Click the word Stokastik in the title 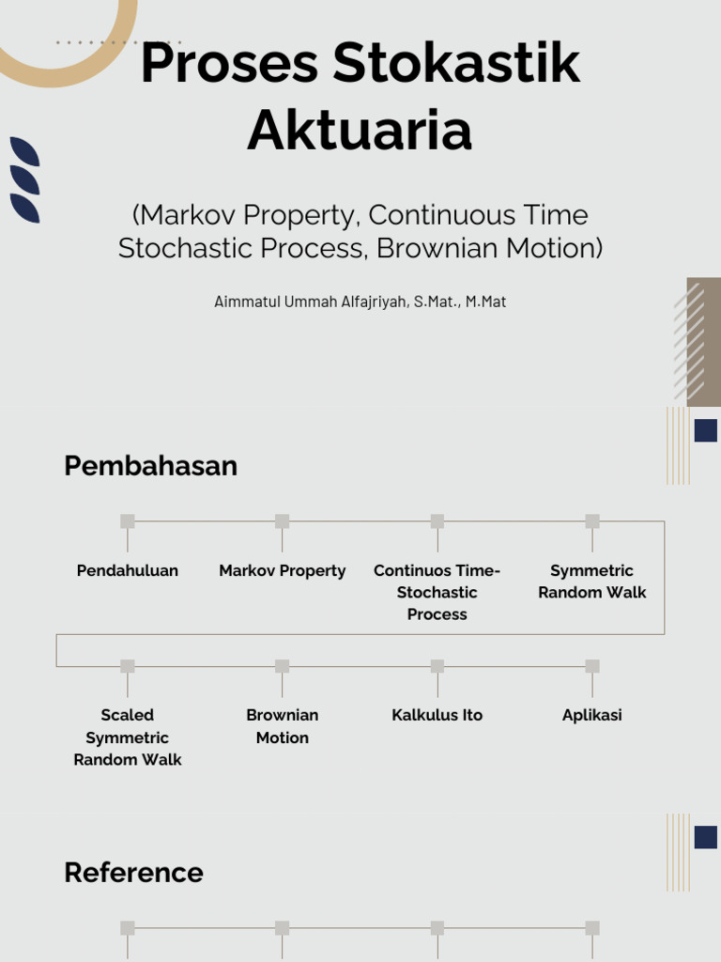click(456, 65)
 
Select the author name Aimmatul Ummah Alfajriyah click(311, 302)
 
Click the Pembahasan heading click(150, 466)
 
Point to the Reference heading click(133, 873)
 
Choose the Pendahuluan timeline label click(128, 570)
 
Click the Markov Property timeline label click(283, 570)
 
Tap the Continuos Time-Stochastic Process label click(437, 592)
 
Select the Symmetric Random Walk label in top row click(592, 582)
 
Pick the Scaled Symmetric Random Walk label click(128, 737)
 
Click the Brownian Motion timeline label click(283, 726)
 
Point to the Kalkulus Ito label click(437, 715)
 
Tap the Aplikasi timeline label click(592, 715)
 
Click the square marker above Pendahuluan click(128, 521)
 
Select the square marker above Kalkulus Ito click(437, 666)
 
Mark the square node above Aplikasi click(592, 666)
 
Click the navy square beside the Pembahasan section click(706, 430)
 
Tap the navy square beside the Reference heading click(706, 837)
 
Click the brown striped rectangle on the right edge click(703, 342)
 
